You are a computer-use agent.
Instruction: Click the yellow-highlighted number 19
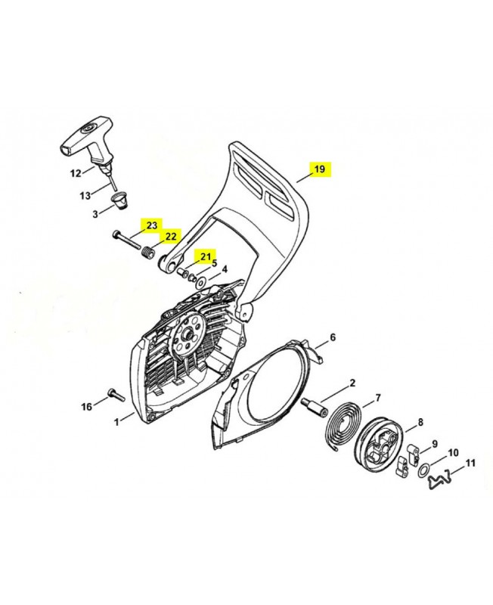320,169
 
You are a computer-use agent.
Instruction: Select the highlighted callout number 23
151,225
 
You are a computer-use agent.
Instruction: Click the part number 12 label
76,173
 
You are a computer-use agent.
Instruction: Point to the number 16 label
87,407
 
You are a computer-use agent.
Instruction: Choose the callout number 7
377,398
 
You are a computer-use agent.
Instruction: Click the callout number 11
470,463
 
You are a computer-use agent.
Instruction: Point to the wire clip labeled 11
445,477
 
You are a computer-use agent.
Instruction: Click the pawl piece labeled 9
411,454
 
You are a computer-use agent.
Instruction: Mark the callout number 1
116,422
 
